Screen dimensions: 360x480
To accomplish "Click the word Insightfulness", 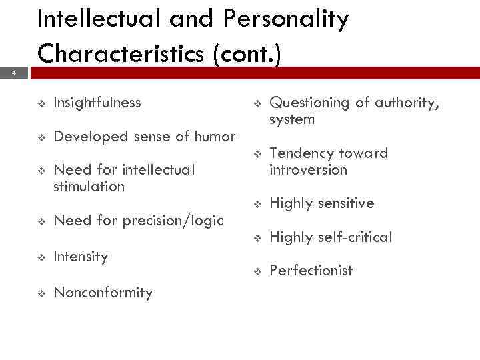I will pos(97,103).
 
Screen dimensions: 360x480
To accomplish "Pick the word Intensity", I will pos(81,257).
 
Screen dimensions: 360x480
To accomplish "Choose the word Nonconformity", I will pos(103,293).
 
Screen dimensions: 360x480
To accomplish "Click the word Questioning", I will pos(309,103).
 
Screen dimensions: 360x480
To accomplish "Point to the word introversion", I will pos(308,170).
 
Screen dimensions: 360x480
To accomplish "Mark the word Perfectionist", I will pos(311,271).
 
